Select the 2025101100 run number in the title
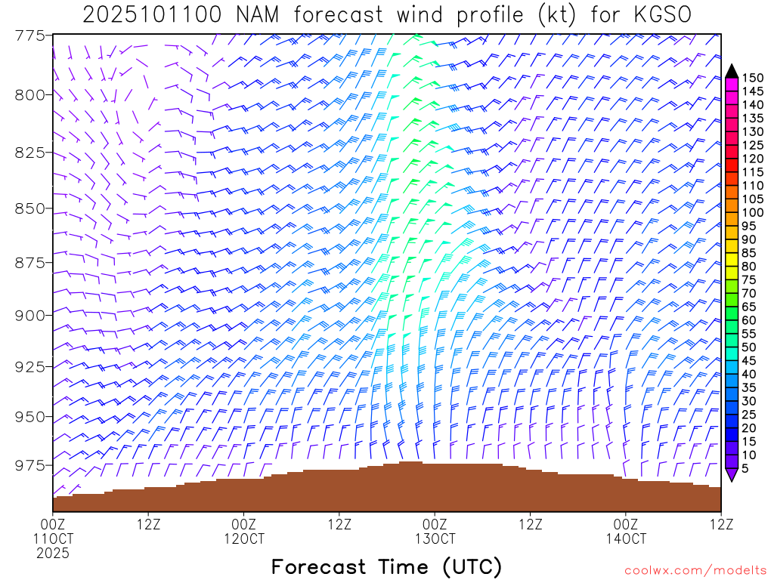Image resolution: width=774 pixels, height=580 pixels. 151,15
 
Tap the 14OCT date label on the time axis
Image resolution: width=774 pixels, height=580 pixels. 626,538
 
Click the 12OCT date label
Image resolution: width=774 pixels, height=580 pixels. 244,538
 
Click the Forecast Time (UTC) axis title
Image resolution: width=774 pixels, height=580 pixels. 386,566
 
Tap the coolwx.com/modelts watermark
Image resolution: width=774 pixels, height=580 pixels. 693,571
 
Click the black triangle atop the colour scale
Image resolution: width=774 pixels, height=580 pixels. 732,71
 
